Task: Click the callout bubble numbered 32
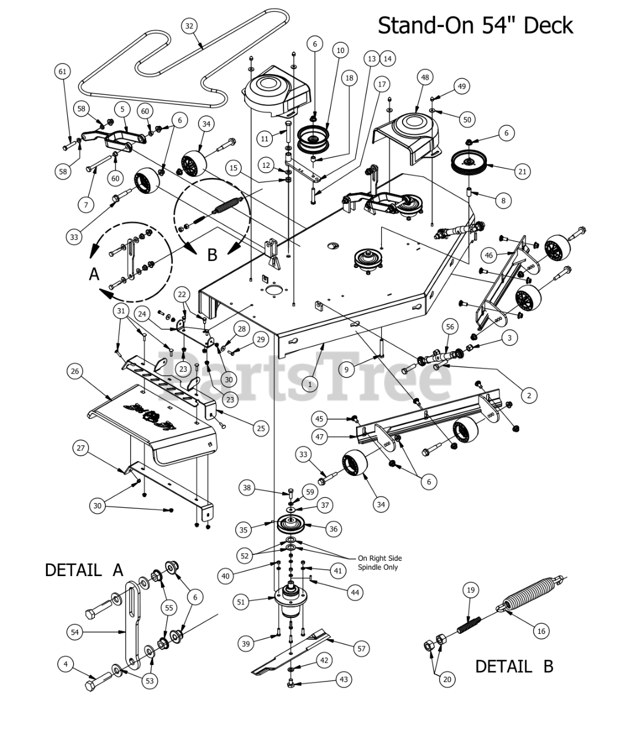189,26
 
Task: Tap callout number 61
62,71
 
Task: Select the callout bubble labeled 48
425,77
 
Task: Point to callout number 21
522,171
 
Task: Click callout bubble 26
75,371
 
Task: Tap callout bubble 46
489,255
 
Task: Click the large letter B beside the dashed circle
212,255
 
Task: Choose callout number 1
309,385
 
